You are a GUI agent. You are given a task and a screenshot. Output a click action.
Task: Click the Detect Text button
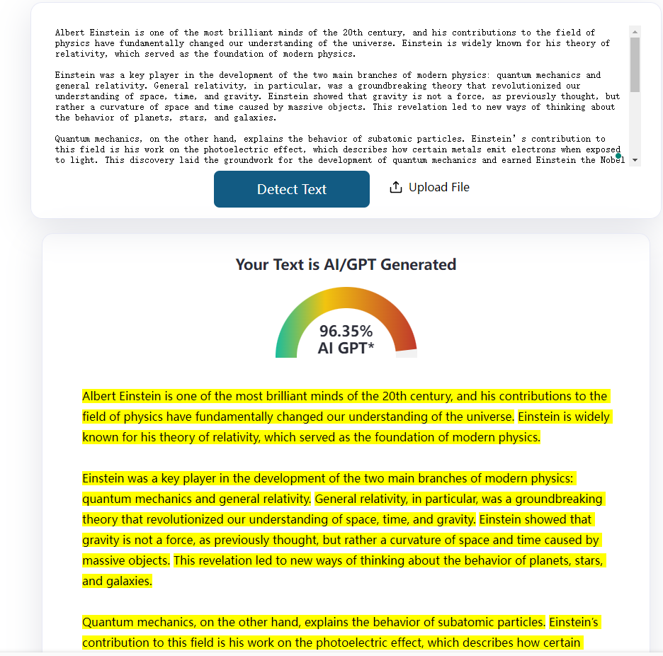[292, 189]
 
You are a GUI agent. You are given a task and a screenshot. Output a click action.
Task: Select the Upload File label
[438, 187]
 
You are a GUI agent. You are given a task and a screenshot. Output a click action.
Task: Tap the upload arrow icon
[395, 187]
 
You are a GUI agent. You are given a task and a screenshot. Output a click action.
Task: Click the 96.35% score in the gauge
[346, 331]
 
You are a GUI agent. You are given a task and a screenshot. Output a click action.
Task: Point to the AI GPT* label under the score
[346, 348]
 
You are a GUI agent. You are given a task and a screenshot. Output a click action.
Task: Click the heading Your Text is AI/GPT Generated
[346, 265]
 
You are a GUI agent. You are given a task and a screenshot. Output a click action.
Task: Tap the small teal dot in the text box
[618, 155]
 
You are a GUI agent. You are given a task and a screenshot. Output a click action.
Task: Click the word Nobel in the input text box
[612, 160]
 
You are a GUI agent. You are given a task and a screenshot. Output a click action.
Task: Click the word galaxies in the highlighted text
[127, 582]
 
